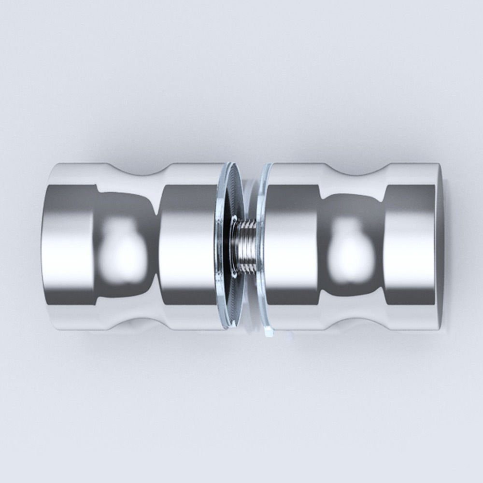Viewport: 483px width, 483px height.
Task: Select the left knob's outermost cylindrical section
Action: click(x=72, y=246)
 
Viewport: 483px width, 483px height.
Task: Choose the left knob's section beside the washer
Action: click(x=186, y=246)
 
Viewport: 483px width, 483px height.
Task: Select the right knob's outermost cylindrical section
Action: click(x=411, y=246)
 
